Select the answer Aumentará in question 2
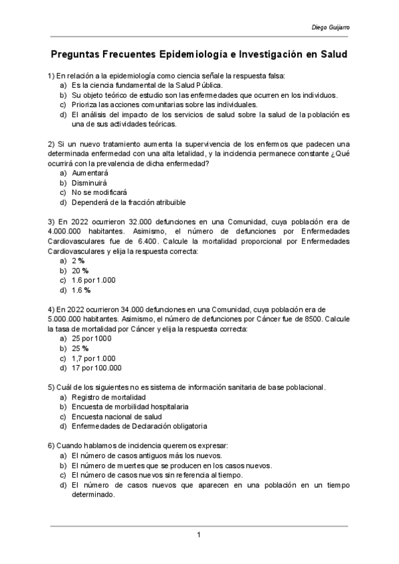(x=90, y=172)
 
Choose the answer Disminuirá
(x=89, y=182)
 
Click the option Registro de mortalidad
(x=108, y=397)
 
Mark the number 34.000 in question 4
(x=134, y=309)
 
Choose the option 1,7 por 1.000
(x=93, y=358)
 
